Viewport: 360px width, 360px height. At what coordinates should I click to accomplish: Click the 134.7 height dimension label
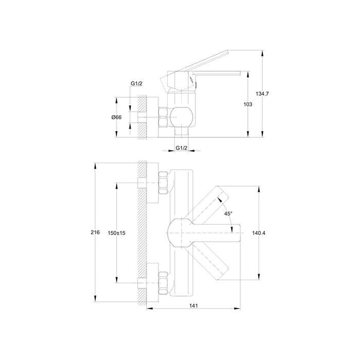point(262,94)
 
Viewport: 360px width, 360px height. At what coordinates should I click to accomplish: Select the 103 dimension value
point(248,104)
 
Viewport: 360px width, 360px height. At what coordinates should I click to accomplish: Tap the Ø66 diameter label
point(116,117)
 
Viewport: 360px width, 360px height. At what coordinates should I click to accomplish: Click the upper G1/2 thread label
point(136,83)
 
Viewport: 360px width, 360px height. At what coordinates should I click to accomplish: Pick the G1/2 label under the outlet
point(182,148)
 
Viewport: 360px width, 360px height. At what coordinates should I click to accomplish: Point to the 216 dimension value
point(95,232)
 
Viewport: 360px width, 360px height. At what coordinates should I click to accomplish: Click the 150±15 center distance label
point(117,233)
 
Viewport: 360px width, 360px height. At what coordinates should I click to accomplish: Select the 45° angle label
point(228,213)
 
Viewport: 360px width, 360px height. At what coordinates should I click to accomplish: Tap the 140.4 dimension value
point(259,233)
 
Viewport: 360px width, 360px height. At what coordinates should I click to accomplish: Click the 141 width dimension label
point(193,305)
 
